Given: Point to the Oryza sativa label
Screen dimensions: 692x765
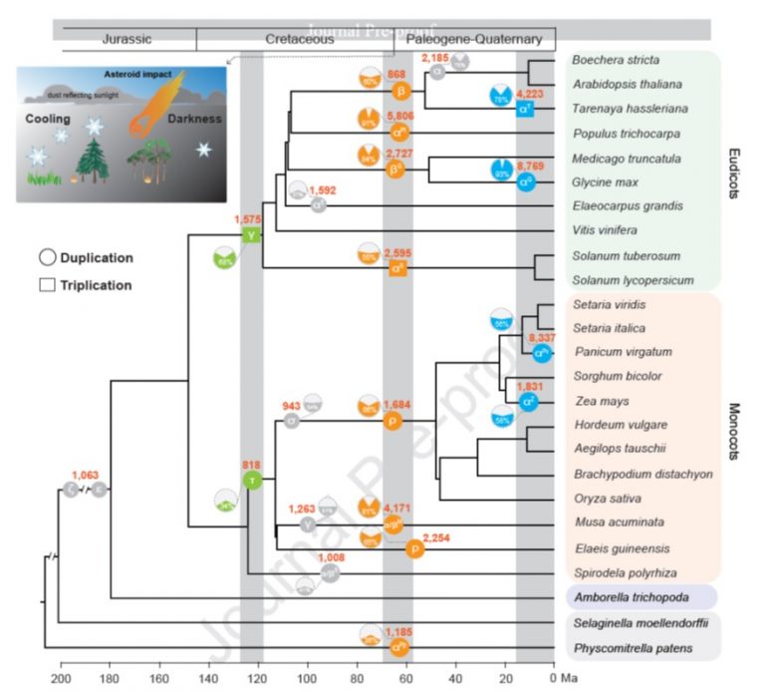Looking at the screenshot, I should point(606,498).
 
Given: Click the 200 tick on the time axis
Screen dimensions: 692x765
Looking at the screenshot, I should point(61,678).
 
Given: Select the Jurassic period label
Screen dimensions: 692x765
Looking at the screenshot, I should point(127,41).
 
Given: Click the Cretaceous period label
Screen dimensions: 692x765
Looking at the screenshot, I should point(294,41).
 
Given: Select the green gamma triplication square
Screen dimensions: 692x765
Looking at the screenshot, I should point(251,235).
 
